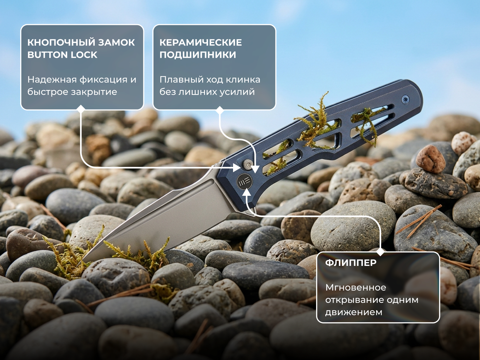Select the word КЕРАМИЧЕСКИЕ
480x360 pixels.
(x=201, y=42)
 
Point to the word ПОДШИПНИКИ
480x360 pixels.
(x=198, y=55)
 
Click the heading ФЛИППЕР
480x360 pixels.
(x=351, y=263)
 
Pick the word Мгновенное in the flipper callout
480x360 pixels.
(x=356, y=287)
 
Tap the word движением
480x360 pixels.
(x=354, y=312)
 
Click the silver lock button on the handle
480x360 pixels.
(x=248, y=164)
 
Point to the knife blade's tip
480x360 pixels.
(x=78, y=265)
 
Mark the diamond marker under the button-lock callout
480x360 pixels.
(x=81, y=109)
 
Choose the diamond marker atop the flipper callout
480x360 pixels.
(x=381, y=252)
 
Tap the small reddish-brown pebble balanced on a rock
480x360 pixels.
(x=430, y=159)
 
